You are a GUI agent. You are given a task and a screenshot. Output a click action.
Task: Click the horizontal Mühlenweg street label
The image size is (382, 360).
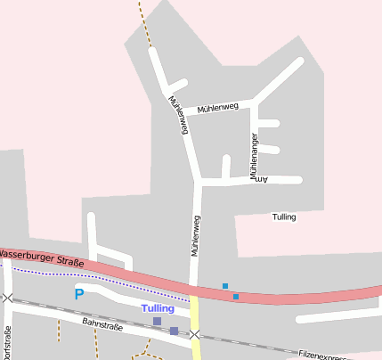[x=218, y=108]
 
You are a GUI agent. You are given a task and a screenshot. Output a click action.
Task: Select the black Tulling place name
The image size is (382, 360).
[x=284, y=217]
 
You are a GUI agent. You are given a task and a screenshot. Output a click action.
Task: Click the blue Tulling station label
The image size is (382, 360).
[x=158, y=308]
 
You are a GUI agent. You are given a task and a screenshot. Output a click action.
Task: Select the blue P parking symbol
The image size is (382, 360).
[x=78, y=294]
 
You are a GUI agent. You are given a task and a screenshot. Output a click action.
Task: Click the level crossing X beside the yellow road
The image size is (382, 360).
[x=194, y=335]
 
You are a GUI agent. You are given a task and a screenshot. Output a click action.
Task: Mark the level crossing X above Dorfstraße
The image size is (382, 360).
[x=7, y=298]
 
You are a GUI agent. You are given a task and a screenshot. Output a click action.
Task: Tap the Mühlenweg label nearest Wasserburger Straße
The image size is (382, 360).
[x=195, y=236]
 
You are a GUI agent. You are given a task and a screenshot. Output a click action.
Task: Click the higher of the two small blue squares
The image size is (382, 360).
[x=225, y=286]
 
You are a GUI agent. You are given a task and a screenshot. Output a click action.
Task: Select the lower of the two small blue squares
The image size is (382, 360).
[x=236, y=296]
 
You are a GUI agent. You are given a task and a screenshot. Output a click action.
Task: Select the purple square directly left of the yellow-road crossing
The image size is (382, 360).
[x=174, y=331]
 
